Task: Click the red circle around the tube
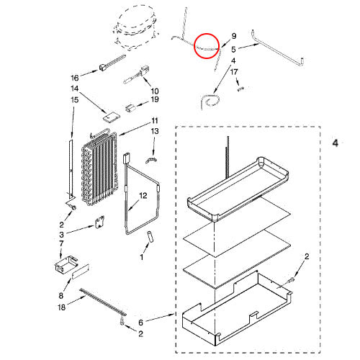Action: click(207, 45)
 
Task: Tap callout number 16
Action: click(74, 78)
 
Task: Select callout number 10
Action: click(155, 91)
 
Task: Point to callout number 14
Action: click(74, 89)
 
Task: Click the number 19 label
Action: click(155, 100)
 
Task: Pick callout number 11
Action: click(154, 120)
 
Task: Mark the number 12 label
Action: click(143, 195)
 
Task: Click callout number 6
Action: click(141, 322)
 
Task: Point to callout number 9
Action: click(233, 35)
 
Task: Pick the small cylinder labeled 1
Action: click(150, 237)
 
